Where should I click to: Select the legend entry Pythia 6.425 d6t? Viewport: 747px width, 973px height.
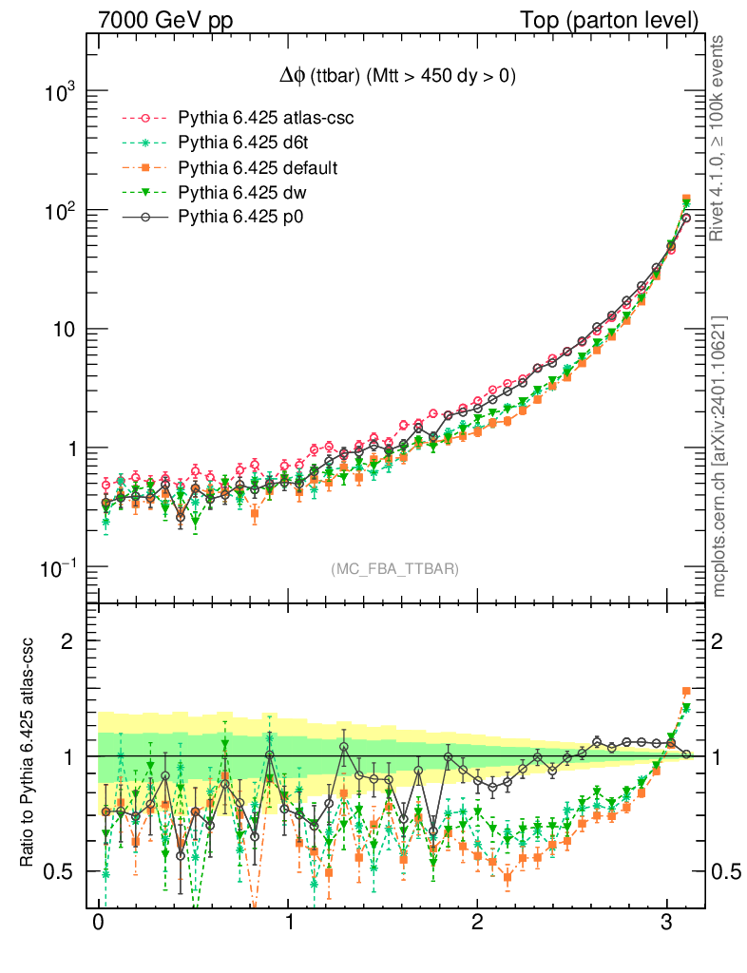tap(234, 143)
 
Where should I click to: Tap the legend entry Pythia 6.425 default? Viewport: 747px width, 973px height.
tap(244, 168)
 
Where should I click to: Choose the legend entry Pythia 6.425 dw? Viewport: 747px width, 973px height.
tap(231, 193)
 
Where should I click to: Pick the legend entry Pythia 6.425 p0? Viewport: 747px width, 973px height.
tap(231, 218)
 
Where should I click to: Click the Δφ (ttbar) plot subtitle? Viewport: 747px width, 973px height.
tap(391, 78)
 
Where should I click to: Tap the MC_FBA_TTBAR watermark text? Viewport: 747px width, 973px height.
tap(394, 569)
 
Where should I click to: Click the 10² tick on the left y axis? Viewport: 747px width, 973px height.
tap(59, 210)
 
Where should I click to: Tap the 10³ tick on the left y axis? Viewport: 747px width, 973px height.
tap(59, 92)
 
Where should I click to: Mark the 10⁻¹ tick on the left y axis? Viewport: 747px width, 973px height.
tap(59, 567)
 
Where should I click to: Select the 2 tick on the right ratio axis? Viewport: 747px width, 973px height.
tap(721, 640)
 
